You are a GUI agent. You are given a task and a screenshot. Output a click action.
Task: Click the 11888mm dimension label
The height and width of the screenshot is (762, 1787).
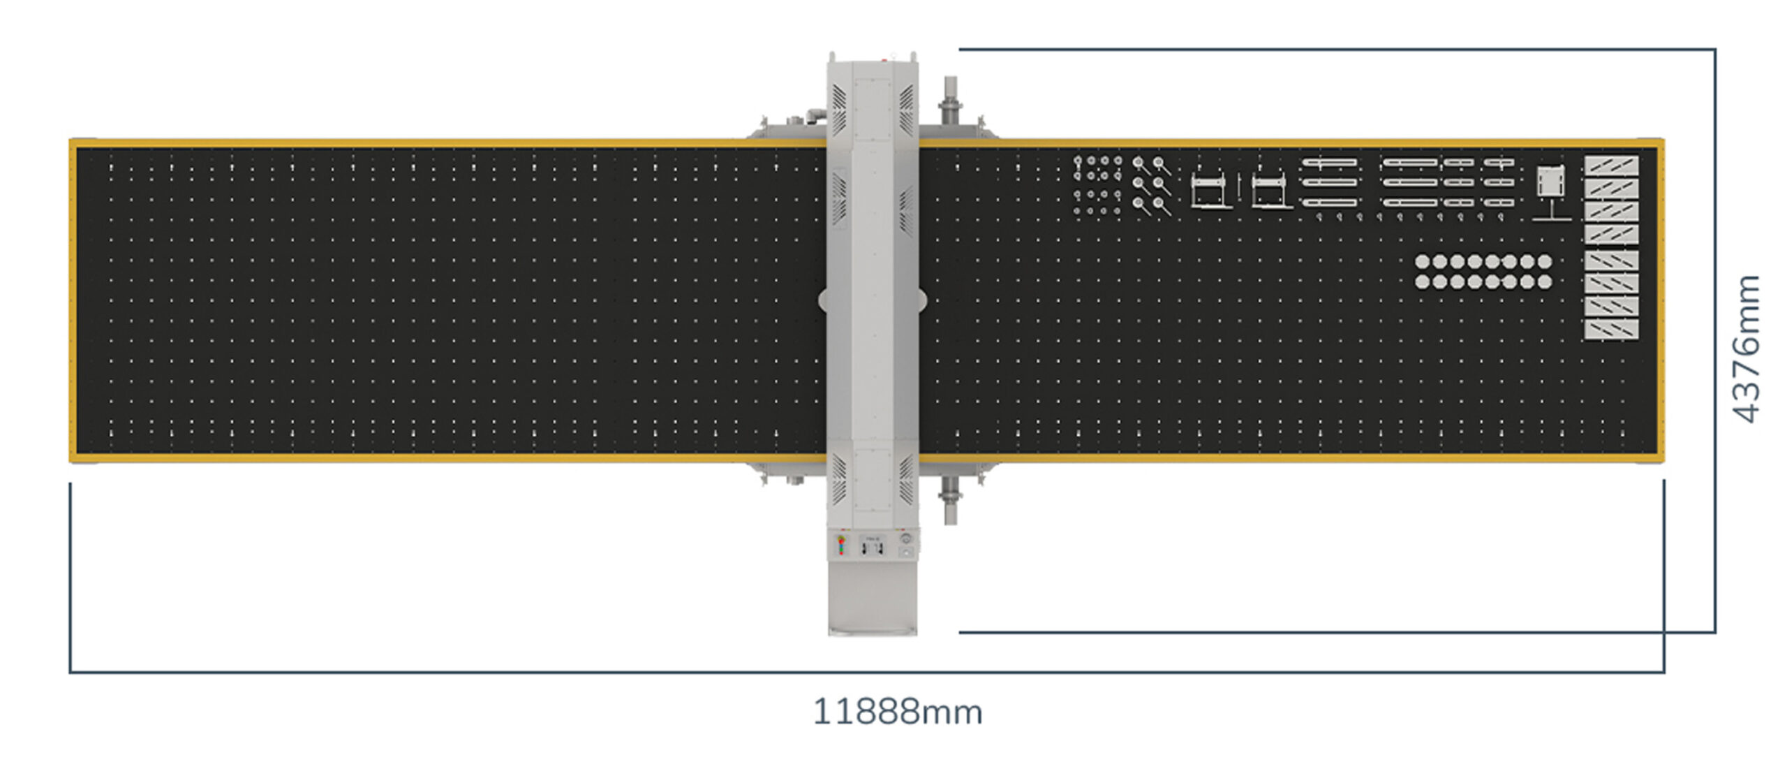[898, 712]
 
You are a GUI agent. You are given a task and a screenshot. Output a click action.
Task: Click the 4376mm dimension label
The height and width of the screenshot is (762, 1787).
[1747, 349]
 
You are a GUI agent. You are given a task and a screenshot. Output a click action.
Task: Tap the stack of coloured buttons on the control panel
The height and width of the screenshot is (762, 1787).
[841, 545]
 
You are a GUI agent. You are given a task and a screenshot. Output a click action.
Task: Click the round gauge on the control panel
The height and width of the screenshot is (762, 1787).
[907, 539]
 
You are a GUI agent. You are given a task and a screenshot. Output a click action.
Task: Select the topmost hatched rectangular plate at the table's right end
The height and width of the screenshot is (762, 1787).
[1611, 166]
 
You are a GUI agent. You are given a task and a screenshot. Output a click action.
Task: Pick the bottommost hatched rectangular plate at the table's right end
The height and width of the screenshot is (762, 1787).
[1611, 330]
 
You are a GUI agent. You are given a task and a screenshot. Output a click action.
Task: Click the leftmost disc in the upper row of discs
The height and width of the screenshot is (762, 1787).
[1422, 262]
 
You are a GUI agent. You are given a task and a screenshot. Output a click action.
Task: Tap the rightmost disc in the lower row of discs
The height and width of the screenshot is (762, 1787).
[1545, 281]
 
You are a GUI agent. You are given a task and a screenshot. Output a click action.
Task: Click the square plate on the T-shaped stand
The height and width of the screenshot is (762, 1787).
[1551, 181]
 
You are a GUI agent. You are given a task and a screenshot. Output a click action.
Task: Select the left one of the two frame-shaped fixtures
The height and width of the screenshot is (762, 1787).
[1210, 190]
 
